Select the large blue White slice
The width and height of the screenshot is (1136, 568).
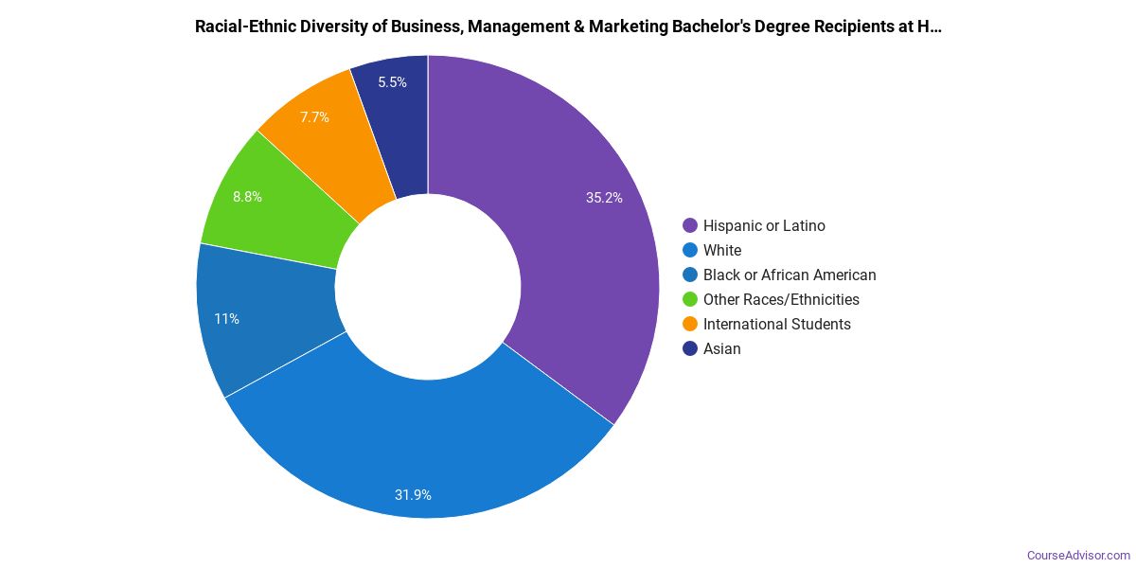pos(417,445)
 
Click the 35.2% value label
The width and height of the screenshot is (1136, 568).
pos(604,198)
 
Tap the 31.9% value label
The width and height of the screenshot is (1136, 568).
pos(413,494)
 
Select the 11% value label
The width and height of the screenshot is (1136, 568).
pos(226,319)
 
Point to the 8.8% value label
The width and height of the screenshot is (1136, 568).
pos(247,197)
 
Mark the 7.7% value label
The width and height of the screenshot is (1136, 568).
pos(314,117)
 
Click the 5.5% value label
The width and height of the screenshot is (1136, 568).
pos(392,82)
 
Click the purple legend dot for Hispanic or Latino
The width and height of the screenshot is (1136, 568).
pos(690,225)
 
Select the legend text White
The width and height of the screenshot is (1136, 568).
pos(722,250)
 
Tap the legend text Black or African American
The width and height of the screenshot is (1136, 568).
pos(790,275)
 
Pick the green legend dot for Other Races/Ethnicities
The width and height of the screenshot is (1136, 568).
pos(690,299)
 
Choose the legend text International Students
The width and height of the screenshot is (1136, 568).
pos(776,324)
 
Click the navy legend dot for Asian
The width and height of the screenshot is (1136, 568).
pos(690,348)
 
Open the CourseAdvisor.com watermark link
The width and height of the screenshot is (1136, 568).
pos(1078,555)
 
